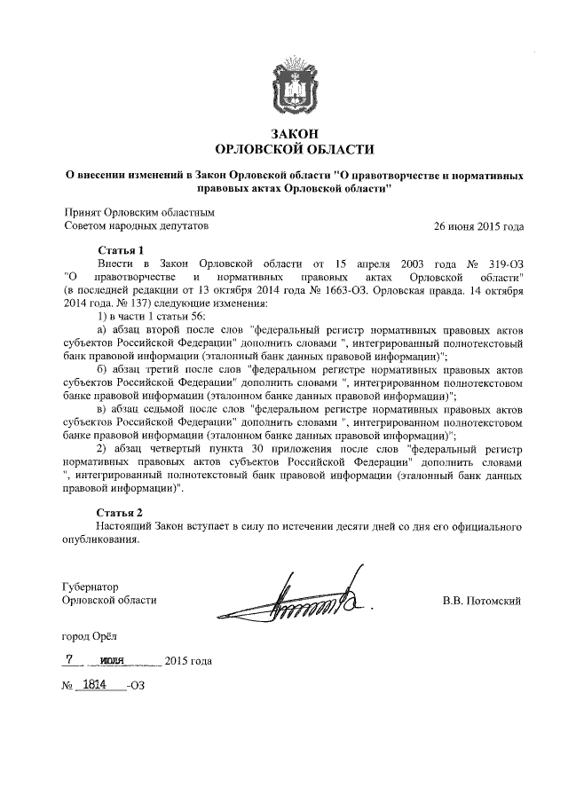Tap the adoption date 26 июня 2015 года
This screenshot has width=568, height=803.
tap(477, 226)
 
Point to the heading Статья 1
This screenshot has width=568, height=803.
tap(118, 251)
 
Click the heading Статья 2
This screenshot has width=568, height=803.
tap(118, 514)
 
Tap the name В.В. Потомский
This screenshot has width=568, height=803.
tap(481, 601)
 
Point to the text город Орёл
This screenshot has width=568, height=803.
tap(88, 635)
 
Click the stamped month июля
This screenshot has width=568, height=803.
tap(113, 661)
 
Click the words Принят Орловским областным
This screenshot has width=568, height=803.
tap(139, 213)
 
